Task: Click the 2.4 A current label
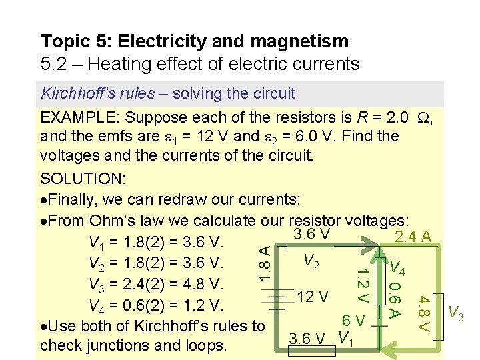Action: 415,237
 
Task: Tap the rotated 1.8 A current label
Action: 264,262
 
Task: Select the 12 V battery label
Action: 313,296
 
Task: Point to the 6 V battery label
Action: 353,321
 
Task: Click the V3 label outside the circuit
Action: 456,312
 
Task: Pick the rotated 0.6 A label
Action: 394,299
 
